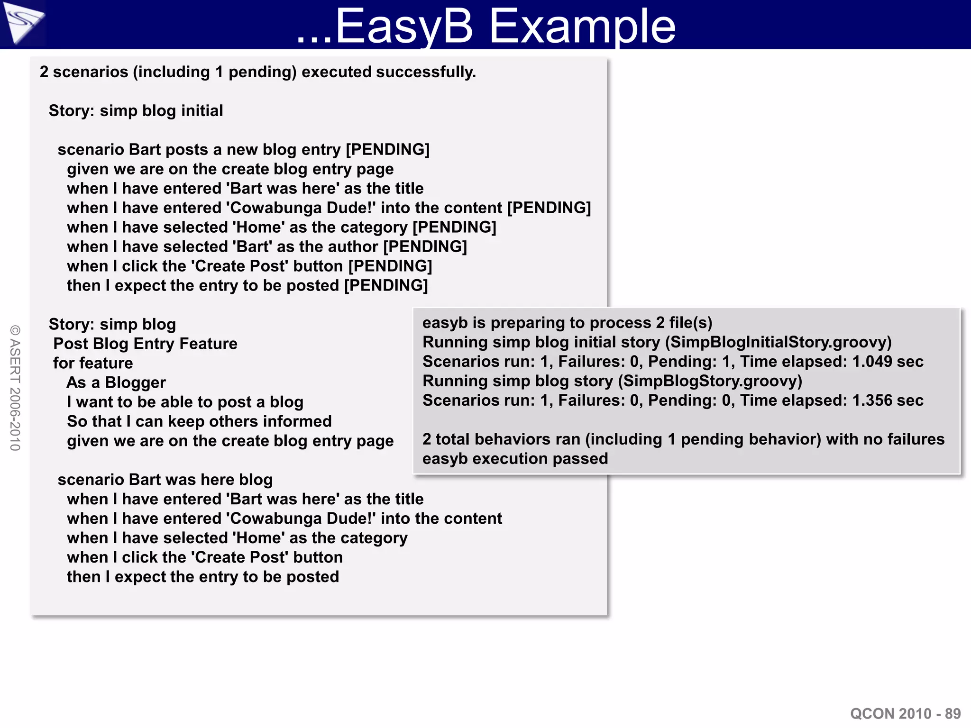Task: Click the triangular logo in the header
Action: point(23,23)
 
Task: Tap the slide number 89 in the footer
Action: point(953,713)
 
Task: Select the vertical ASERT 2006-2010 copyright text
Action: point(15,388)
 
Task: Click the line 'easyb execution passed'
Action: point(515,459)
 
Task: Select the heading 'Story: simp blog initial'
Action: point(136,111)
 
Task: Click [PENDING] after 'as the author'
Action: point(425,247)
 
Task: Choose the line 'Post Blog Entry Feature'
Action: point(145,344)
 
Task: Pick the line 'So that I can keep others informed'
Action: point(199,421)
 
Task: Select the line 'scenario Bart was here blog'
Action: point(165,480)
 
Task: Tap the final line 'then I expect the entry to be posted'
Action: point(203,577)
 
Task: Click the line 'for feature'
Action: point(93,363)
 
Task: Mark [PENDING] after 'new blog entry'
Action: point(388,150)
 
